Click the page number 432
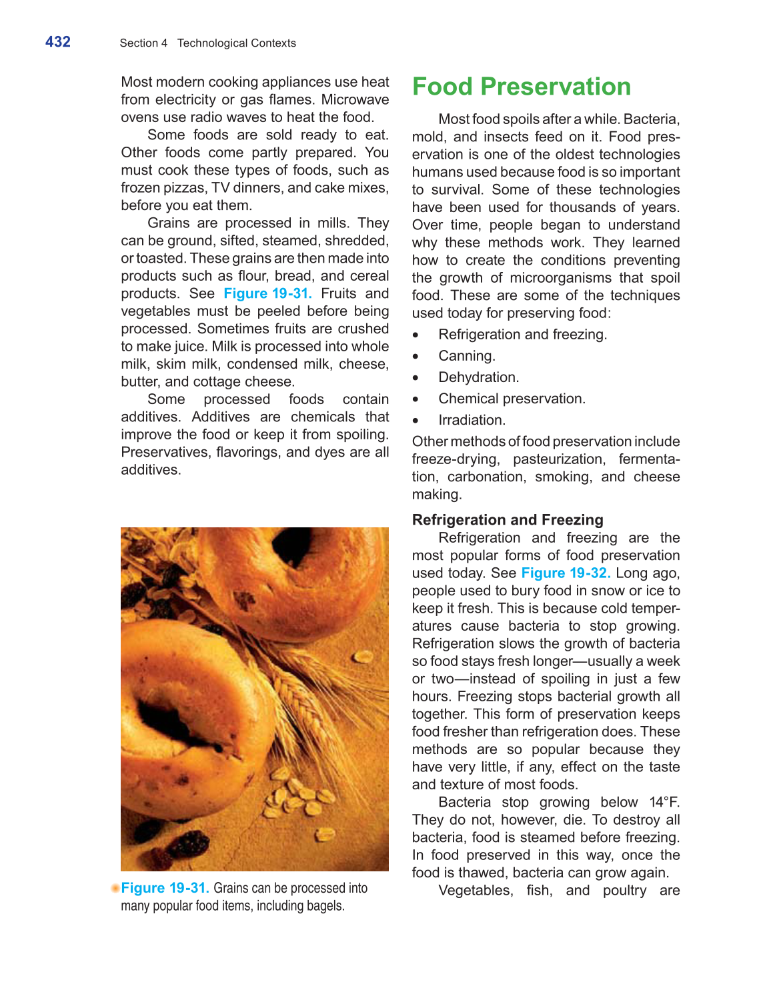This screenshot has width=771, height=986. (58, 42)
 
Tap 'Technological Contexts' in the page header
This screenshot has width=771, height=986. (236, 43)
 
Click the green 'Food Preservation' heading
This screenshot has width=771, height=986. (521, 87)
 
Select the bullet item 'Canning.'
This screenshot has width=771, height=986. (466, 356)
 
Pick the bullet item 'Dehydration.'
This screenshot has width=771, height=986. (478, 377)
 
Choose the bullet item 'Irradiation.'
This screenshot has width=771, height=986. (472, 420)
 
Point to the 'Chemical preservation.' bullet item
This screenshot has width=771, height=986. (512, 399)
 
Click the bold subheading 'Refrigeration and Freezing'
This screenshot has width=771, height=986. (507, 520)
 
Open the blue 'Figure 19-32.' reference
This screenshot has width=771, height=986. (566, 573)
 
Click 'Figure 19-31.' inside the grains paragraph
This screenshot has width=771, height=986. (267, 294)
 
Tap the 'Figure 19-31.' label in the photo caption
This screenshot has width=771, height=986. (165, 888)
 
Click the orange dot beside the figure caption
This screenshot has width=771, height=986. (115, 888)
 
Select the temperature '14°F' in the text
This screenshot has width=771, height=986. (664, 802)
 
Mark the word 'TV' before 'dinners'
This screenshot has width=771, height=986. (219, 188)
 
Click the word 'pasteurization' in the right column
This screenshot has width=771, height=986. (558, 459)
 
